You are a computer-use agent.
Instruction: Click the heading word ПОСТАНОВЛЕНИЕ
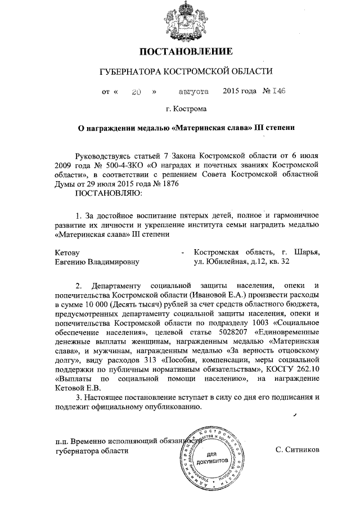[x=186, y=52]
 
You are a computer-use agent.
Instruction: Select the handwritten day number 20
[x=136, y=91]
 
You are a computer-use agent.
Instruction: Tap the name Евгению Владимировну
[x=97, y=262]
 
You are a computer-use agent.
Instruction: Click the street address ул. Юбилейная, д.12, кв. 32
[x=242, y=262]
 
